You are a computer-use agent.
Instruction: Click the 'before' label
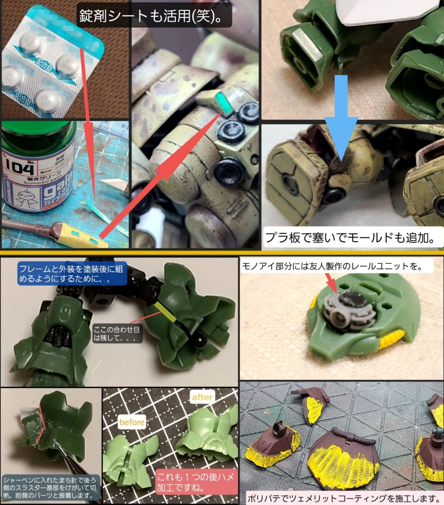tap(132, 422)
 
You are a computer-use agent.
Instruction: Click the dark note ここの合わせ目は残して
tap(117, 332)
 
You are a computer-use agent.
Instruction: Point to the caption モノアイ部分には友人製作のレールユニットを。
tap(330, 267)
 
